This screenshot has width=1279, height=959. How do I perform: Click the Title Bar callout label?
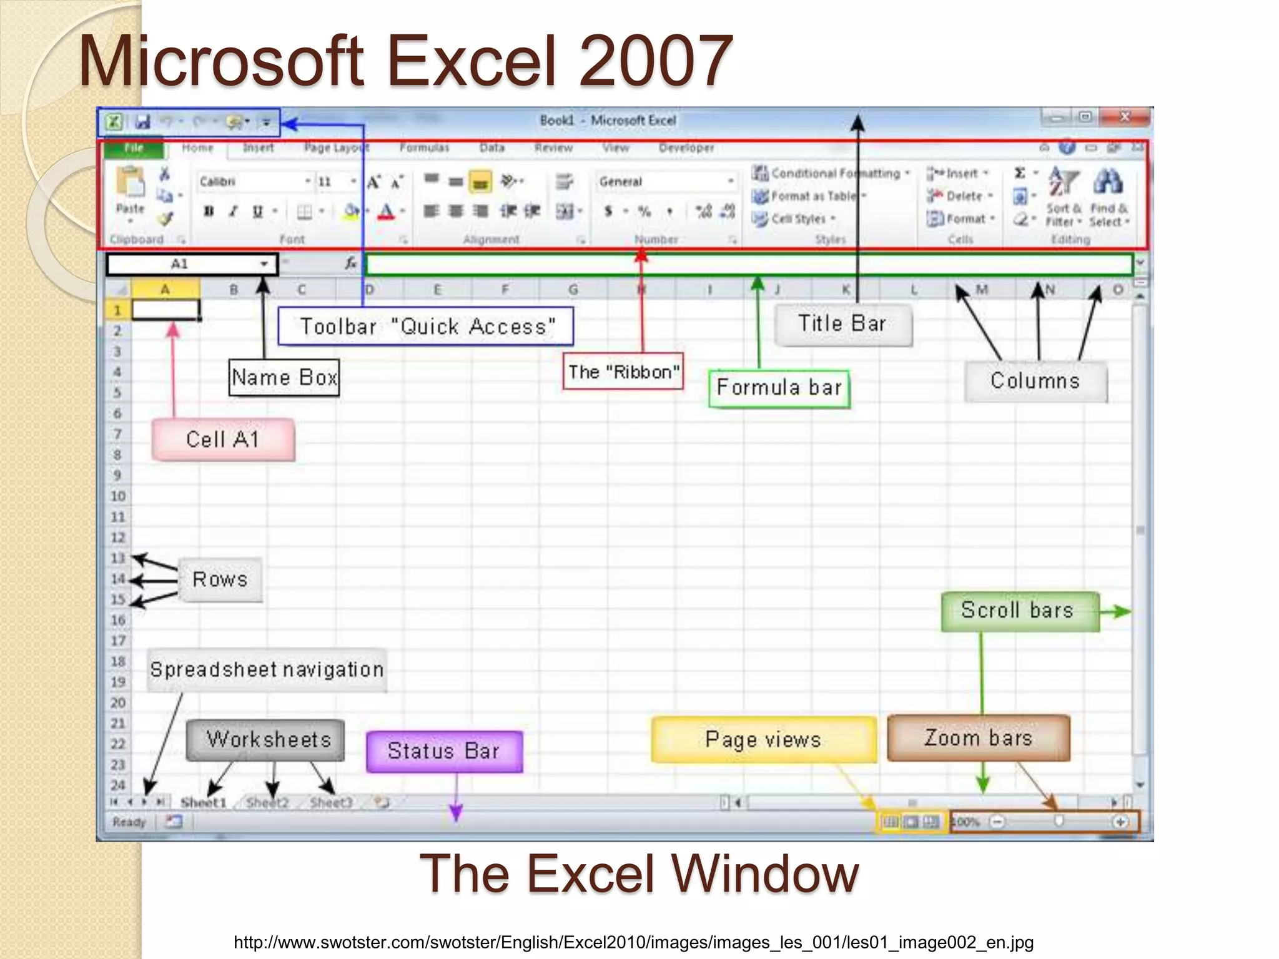[842, 324]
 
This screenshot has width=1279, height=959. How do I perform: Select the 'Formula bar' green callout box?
[779, 388]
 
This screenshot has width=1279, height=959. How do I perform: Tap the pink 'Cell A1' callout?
[222, 440]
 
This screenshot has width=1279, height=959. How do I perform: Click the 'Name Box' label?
[284, 378]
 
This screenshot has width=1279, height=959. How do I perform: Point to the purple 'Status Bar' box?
[443, 751]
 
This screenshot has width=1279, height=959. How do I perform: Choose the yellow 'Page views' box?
[763, 740]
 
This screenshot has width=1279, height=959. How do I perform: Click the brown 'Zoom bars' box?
[978, 738]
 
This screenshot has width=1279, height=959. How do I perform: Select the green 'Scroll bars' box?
[1019, 611]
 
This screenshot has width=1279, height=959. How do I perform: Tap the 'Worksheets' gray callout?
[267, 740]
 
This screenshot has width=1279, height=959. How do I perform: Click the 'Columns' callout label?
[1035, 381]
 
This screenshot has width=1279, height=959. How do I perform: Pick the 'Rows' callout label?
[220, 579]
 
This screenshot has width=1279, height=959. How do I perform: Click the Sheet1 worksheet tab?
[203, 803]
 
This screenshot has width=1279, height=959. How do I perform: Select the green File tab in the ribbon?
[134, 148]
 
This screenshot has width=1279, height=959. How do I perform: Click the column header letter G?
[573, 290]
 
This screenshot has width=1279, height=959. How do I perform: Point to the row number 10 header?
[118, 496]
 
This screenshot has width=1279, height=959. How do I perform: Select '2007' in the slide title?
[656, 61]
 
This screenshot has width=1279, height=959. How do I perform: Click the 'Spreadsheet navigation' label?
[267, 670]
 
